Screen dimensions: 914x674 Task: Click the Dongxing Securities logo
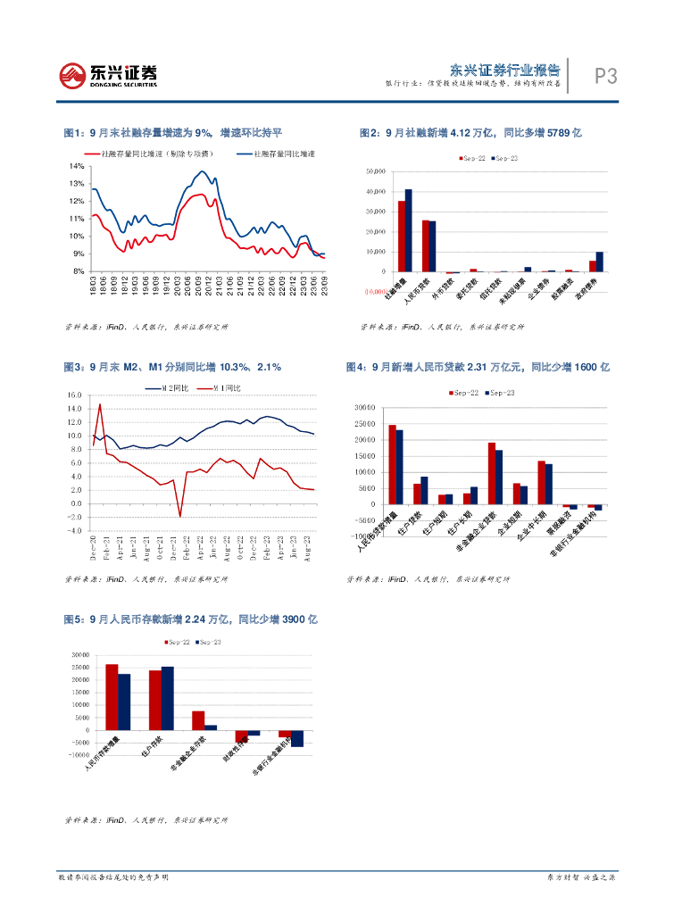[x=108, y=75]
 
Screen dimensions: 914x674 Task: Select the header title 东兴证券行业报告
[x=504, y=70]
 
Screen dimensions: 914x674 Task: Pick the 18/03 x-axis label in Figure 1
[x=94, y=287]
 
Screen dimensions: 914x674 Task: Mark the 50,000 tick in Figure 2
[x=373, y=170]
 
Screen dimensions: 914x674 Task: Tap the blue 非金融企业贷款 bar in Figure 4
[x=499, y=477]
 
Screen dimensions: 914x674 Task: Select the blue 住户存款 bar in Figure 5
[x=168, y=698]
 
